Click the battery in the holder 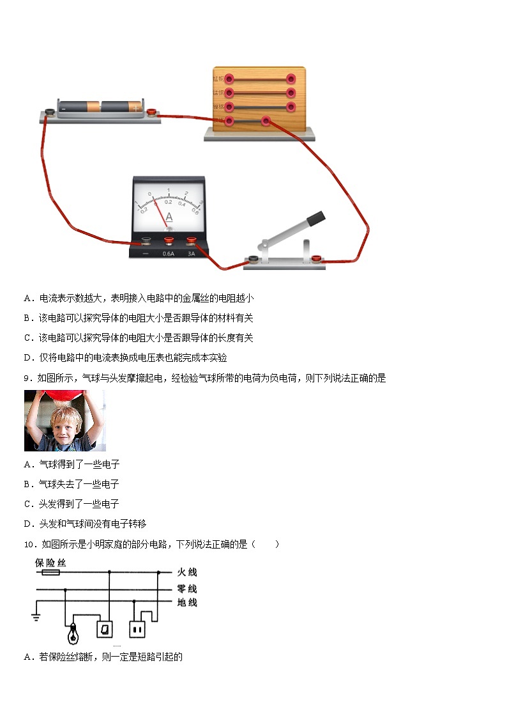click(x=100, y=107)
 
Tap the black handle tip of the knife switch click(x=315, y=219)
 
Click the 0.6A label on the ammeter click(x=169, y=253)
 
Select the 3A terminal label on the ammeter click(x=190, y=253)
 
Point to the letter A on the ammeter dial click(x=169, y=217)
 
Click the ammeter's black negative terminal click(x=146, y=241)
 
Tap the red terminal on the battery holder click(x=151, y=113)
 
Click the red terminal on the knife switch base click(x=315, y=258)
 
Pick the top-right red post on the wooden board click(x=291, y=79)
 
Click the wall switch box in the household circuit click(x=104, y=630)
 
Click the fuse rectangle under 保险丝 click(x=50, y=573)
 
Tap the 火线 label click(x=187, y=572)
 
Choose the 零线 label click(x=187, y=589)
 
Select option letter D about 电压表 click(x=27, y=358)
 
